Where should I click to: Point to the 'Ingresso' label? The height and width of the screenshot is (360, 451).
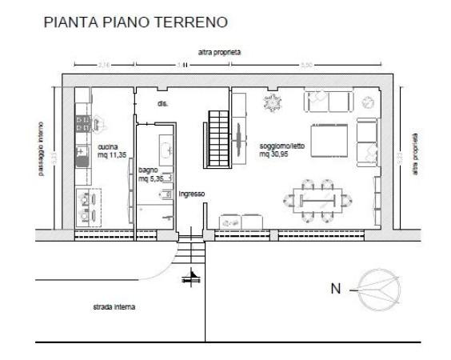(192, 194)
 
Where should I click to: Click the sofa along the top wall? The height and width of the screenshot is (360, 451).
(327, 102)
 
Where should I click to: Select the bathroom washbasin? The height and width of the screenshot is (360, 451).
(167, 149)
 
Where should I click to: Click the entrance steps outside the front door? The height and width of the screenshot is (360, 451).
(190, 254)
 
